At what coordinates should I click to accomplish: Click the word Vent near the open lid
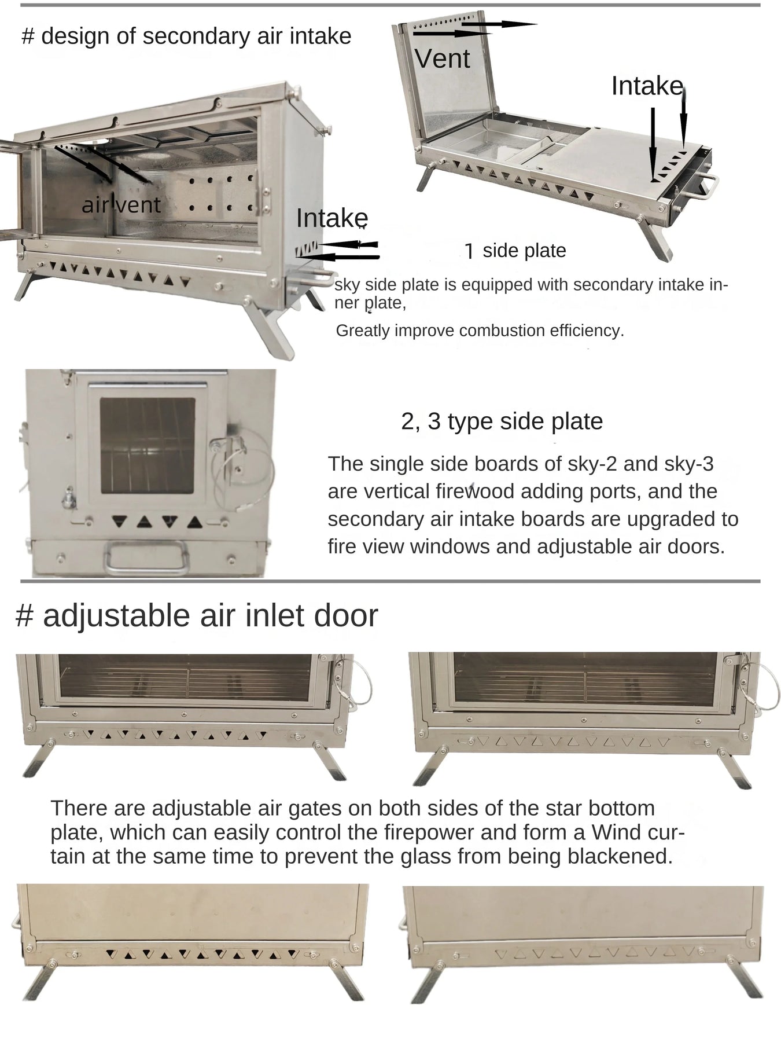coord(443,59)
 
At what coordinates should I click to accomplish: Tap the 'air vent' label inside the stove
coord(121,205)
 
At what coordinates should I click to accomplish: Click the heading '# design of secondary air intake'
coord(186,36)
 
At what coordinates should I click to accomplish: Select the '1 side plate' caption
coord(515,251)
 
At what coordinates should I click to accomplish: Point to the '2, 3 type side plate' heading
coord(502,421)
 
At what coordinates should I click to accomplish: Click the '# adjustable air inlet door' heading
coord(197,615)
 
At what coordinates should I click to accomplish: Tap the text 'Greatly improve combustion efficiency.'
coord(480,331)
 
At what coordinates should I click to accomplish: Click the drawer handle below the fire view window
coord(146,557)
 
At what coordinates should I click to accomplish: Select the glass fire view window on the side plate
coord(148,445)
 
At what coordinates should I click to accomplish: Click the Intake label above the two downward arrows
coord(647,86)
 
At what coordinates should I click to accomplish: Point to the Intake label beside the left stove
coord(332,218)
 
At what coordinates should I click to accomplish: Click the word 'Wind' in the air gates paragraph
coord(615,832)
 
